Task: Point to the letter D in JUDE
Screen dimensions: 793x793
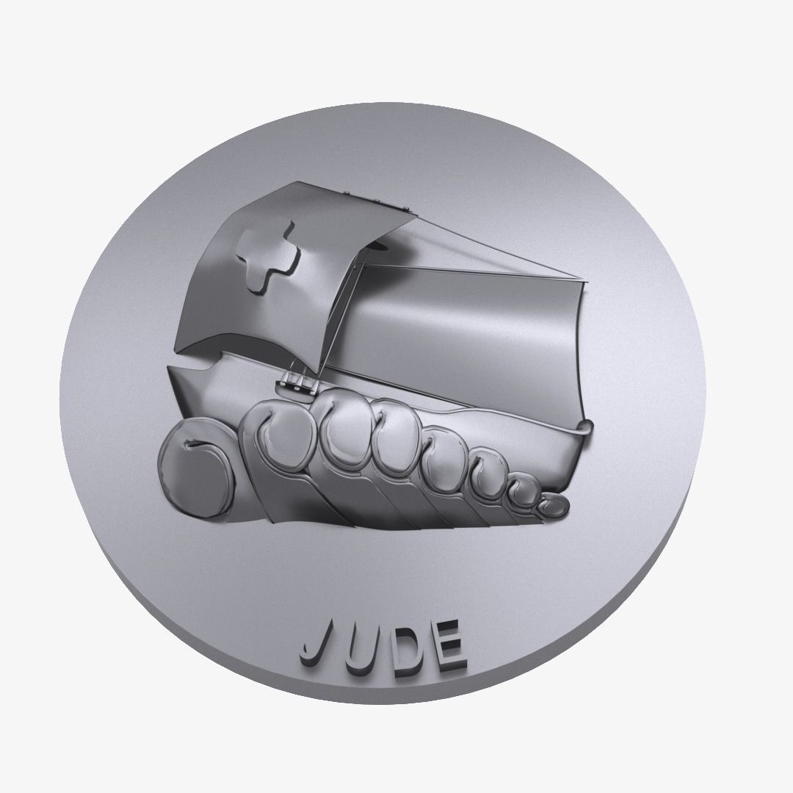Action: (400, 646)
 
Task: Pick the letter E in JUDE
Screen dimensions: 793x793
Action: (446, 645)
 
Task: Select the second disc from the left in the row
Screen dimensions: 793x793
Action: (275, 441)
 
